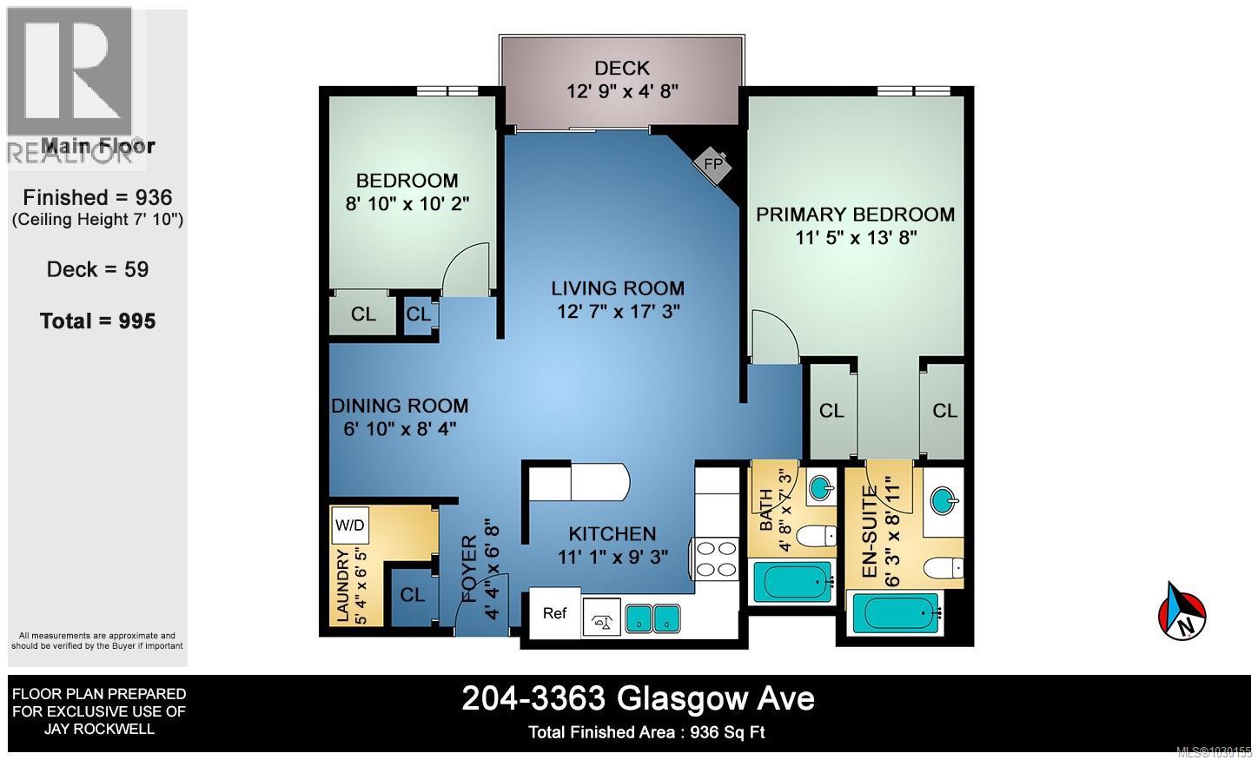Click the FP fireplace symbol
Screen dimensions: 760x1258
(713, 163)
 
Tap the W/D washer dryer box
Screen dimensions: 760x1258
(350, 525)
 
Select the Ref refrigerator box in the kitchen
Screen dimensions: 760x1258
(554, 613)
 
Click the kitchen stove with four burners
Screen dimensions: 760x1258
(715, 558)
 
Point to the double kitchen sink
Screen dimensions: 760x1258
(654, 618)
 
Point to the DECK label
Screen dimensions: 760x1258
(621, 68)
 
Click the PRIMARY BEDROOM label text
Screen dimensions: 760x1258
(855, 215)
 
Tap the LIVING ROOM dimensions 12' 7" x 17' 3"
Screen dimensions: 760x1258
(619, 310)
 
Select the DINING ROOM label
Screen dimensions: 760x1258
(400, 406)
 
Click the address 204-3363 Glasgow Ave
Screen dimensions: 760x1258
(638, 698)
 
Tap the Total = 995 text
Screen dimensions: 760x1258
(97, 321)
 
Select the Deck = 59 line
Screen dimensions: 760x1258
(97, 269)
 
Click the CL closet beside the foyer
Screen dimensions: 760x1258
(412, 595)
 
